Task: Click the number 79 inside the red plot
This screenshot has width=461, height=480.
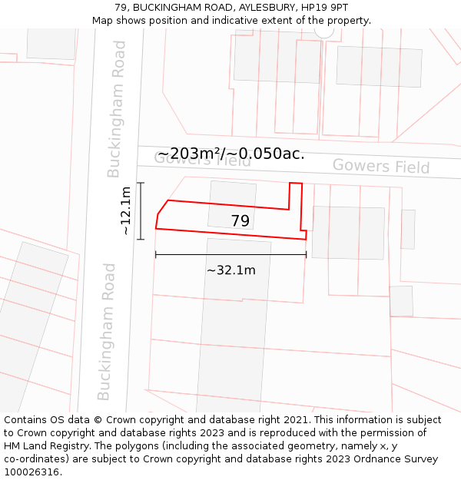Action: [x=240, y=221]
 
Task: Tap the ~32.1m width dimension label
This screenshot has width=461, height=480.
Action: [x=230, y=270]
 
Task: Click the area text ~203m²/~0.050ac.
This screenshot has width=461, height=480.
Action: [x=230, y=154]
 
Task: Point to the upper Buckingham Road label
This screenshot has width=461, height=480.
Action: [x=117, y=109]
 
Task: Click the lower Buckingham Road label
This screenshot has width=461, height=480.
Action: [x=107, y=332]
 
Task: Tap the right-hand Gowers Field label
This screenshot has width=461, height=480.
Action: [x=380, y=166]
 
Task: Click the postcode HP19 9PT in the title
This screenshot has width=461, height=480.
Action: [x=324, y=8]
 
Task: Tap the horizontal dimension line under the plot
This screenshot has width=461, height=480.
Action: [x=230, y=254]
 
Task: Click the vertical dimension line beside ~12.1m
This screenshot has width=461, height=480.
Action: [x=141, y=210]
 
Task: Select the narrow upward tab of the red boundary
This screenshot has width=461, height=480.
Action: [x=296, y=195]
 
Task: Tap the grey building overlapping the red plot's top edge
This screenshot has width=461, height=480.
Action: [x=231, y=197]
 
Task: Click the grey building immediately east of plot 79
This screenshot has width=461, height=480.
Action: [x=348, y=232]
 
